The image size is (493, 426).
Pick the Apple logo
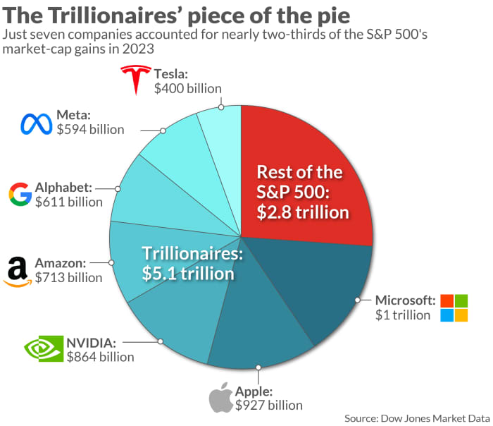pos(220,398)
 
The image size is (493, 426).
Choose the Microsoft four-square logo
pos(454,308)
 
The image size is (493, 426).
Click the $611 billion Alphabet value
pos(68,202)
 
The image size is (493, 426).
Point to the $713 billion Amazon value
pos(68,277)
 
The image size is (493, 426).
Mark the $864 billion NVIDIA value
pos(100,356)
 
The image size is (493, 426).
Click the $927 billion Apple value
pos(268,405)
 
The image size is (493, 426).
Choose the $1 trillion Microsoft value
pos(402,315)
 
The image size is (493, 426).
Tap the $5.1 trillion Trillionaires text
pos(188,273)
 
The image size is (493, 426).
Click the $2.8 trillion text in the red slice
pos(303,211)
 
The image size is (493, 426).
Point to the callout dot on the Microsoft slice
pos(358,300)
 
